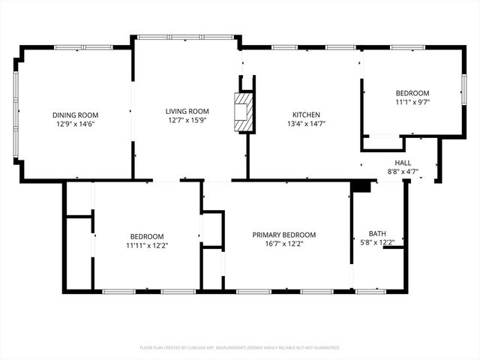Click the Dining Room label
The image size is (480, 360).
[x=73, y=115]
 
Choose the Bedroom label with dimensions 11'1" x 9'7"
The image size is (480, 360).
[x=412, y=92]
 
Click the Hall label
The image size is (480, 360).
[x=403, y=163]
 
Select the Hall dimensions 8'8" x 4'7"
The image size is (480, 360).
[x=403, y=172]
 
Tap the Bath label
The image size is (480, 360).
[x=377, y=233]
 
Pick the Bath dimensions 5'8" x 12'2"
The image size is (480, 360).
[x=377, y=242]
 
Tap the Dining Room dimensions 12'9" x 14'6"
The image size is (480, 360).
[x=73, y=124]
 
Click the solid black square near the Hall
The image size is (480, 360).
[x=361, y=186]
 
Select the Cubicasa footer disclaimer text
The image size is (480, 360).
[x=240, y=347]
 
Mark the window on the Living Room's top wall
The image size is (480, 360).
[x=185, y=35]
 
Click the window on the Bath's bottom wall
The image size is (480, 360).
[x=367, y=290]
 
